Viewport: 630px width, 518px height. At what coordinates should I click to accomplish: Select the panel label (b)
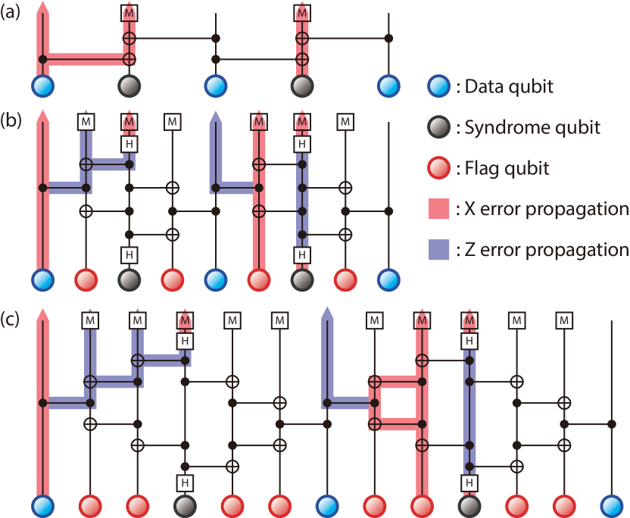11,120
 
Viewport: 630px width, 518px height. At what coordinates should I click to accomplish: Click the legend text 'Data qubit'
504,86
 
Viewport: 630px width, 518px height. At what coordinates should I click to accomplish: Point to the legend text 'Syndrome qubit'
528,127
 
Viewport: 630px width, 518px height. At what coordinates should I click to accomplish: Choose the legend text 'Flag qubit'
503,168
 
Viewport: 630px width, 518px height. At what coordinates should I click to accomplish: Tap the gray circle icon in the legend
438,127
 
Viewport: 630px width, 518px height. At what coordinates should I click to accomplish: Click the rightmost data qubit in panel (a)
388,86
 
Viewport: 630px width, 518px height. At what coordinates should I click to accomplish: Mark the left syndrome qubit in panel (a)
129,86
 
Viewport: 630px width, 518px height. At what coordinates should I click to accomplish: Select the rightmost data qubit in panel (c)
611,507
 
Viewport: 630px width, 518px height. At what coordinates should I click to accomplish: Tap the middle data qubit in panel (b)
216,280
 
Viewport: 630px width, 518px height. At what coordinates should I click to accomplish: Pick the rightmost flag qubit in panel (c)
564,507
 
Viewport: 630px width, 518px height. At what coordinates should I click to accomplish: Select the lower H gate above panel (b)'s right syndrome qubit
302,254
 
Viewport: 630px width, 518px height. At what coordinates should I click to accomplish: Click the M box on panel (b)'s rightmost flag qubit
345,121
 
